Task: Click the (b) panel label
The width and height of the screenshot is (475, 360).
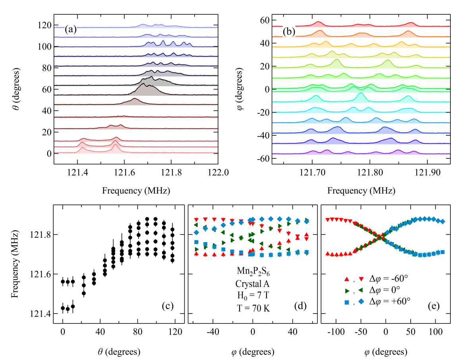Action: pyautogui.click(x=289, y=31)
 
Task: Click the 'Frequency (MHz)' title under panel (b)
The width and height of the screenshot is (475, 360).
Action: pyautogui.click(x=361, y=191)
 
